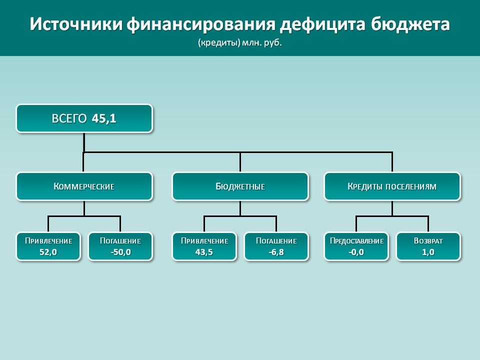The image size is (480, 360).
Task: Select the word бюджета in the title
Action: pos(410,24)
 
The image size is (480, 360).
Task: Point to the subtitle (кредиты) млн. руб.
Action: pos(239,42)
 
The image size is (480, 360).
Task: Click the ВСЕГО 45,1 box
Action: pos(84,118)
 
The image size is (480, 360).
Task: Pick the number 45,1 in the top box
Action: pos(104,118)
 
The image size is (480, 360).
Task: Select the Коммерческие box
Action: pos(84,186)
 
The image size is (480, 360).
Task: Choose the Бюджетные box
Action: pos(240,186)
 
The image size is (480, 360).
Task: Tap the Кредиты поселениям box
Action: pos(392,186)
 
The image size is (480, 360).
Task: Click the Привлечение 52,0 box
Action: pos(48,246)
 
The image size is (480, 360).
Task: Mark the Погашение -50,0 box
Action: pos(120,246)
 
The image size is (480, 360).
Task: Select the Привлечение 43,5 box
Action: pos(204,246)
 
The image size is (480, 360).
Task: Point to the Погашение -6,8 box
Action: pos(276,246)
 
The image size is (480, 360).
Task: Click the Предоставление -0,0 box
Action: pos(356,246)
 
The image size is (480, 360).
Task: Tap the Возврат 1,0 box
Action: pos(428,246)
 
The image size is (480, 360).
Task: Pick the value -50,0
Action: pos(120,252)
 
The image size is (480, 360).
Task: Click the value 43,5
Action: pos(204,252)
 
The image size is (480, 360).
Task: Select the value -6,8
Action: pos(276,252)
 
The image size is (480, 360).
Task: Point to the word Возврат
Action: pos(428,241)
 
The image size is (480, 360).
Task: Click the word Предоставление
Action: pos(356,241)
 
